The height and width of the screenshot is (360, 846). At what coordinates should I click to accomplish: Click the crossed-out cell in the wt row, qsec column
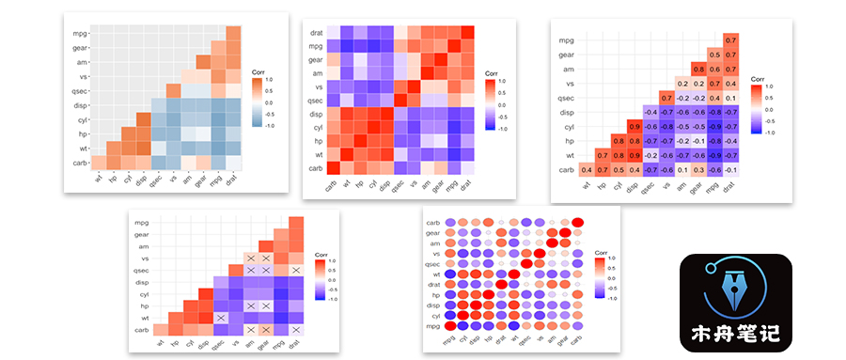(x=219, y=319)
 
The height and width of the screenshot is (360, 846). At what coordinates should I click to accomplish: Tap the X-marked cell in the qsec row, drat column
(x=296, y=271)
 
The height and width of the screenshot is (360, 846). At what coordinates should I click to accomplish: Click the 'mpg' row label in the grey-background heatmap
(x=79, y=34)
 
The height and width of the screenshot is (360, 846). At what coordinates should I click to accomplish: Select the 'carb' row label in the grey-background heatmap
(x=79, y=163)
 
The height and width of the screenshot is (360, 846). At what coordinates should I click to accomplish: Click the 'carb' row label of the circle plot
(x=432, y=223)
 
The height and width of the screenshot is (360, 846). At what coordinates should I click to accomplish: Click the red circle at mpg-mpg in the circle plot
(x=450, y=325)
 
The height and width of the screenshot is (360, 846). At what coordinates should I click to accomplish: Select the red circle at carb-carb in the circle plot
(x=578, y=223)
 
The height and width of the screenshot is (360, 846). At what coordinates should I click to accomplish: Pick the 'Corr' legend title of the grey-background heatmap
(x=259, y=72)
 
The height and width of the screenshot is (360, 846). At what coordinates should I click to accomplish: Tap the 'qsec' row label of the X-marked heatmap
(x=142, y=271)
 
